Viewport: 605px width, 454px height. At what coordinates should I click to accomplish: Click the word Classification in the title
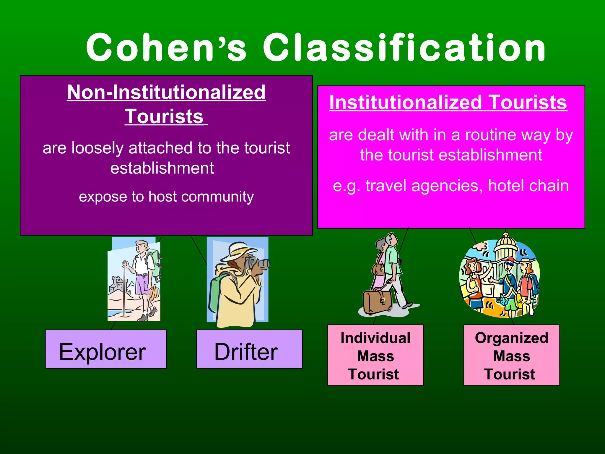(404, 48)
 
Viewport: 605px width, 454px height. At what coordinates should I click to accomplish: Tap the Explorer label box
(106, 349)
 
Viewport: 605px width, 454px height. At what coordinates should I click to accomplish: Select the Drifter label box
(249, 349)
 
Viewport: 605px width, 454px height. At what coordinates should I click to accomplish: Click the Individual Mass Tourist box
(375, 355)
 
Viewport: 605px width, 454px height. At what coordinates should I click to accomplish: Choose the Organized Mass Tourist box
(511, 355)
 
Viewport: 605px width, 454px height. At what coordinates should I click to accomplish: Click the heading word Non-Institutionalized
(166, 92)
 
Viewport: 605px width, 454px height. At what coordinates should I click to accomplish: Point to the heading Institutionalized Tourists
(448, 103)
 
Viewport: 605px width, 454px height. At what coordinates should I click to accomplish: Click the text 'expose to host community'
(166, 197)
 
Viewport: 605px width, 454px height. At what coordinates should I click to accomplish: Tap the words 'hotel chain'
(528, 186)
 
